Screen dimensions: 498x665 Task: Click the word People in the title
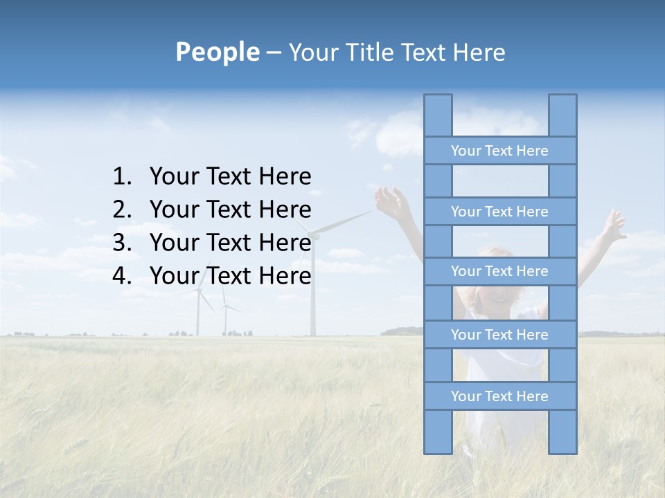(217, 52)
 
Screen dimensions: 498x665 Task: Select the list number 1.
(121, 177)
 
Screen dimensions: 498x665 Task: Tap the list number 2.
(121, 210)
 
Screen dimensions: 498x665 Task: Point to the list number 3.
(121, 243)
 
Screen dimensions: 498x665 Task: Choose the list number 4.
(121, 276)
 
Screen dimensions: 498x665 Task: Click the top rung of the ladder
(499, 151)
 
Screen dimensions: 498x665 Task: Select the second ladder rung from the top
(499, 212)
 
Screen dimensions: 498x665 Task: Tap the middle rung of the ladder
(499, 271)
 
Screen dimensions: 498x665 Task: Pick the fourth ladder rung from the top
(499, 335)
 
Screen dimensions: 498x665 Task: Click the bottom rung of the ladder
(499, 396)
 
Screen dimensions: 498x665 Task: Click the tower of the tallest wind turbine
(312, 290)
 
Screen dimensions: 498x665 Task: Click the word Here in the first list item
(285, 177)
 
